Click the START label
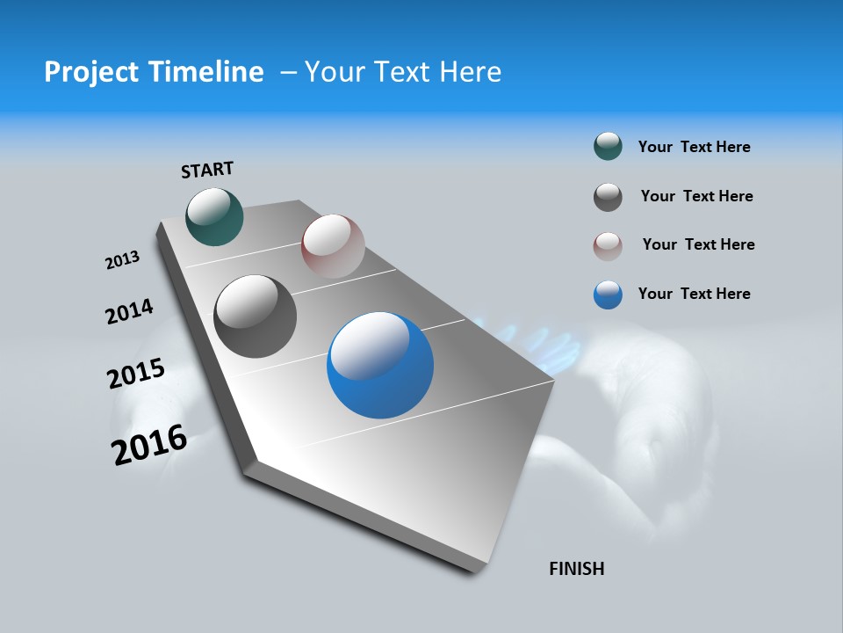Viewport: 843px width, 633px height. pyautogui.click(x=207, y=170)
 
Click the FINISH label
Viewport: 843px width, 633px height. pyautogui.click(x=577, y=568)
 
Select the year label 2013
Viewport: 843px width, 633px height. pyautogui.click(x=122, y=260)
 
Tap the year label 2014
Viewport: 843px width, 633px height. pyautogui.click(x=129, y=311)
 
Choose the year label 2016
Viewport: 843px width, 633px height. pyautogui.click(x=149, y=444)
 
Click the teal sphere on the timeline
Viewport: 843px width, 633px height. pyautogui.click(x=214, y=216)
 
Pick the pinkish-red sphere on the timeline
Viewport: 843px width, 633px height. pyautogui.click(x=333, y=245)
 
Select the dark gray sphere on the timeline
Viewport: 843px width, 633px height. pyautogui.click(x=255, y=316)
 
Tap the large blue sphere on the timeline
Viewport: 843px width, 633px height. pyautogui.click(x=380, y=365)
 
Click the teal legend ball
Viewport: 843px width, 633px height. pyautogui.click(x=608, y=147)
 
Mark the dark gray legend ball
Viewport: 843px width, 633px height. pyautogui.click(x=608, y=197)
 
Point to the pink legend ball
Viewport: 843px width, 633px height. pyautogui.click(x=608, y=245)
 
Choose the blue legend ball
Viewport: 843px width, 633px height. pyautogui.click(x=608, y=295)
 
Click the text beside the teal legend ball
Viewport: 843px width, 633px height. pyautogui.click(x=694, y=147)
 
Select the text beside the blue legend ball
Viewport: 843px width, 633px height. pyautogui.click(x=694, y=294)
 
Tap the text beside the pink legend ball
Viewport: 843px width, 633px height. pyautogui.click(x=698, y=244)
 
